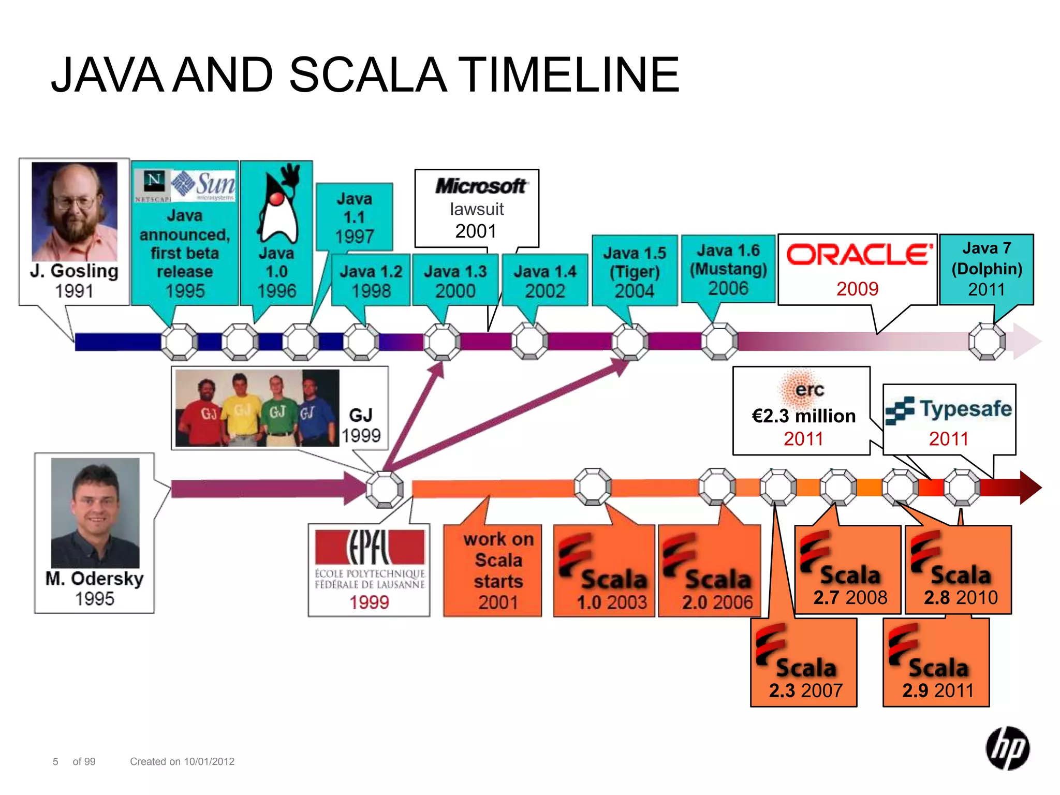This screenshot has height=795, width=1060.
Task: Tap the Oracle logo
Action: click(x=859, y=255)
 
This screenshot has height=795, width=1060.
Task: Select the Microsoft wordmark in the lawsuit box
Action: click(x=480, y=186)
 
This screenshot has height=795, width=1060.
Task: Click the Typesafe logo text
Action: click(x=965, y=409)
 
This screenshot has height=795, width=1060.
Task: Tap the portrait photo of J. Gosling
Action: click(x=75, y=211)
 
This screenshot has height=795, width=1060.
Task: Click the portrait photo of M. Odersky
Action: click(x=95, y=512)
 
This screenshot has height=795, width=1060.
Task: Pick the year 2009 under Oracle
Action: click(x=857, y=289)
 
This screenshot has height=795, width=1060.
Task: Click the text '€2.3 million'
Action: click(x=803, y=416)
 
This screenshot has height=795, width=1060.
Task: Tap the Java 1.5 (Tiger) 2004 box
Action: click(x=635, y=271)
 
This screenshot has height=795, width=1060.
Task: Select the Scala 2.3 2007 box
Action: click(x=804, y=663)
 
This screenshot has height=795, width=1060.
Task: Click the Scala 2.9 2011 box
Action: click(x=936, y=663)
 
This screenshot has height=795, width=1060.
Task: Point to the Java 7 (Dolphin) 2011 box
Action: click(x=986, y=269)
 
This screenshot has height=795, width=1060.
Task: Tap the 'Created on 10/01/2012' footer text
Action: click(x=182, y=761)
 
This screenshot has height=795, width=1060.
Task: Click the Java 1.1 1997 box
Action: click(x=355, y=217)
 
